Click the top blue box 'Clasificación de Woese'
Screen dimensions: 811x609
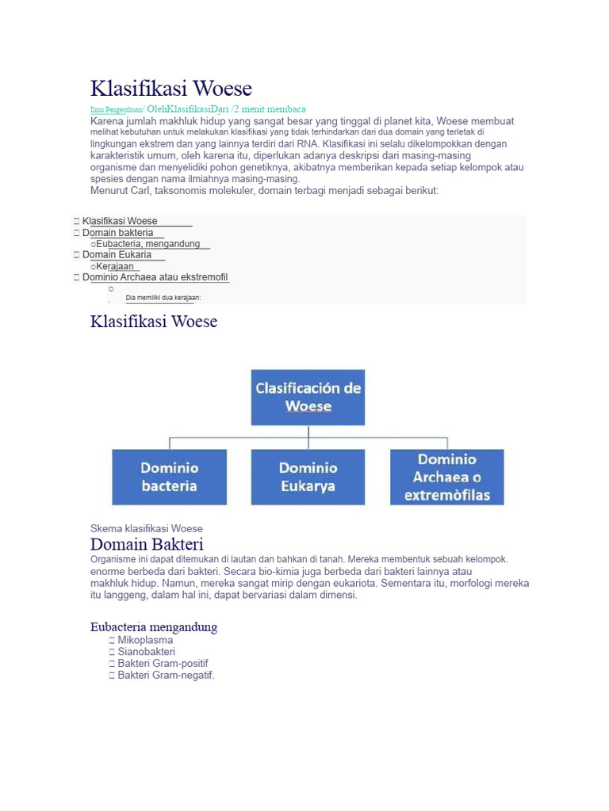[308, 398]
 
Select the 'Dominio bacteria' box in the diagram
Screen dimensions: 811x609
[169, 477]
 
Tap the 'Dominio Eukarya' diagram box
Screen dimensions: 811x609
[308, 477]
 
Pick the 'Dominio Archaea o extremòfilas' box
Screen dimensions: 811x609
[447, 477]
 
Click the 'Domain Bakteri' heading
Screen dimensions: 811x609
[147, 544]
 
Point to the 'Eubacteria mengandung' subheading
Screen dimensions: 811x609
[154, 627]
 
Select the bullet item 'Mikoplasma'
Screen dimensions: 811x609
[145, 640]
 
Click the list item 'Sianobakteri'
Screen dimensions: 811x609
[147, 652]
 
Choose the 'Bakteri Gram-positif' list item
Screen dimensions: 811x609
[163, 664]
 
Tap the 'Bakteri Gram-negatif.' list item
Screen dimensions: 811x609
[166, 676]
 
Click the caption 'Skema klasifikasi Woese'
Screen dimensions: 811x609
[147, 528]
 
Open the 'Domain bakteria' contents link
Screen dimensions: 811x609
[118, 233]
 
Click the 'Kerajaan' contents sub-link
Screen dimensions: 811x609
[115, 267]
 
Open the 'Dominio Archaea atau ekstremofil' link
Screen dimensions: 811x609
[155, 278]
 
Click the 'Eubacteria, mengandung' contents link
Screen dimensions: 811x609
[147, 244]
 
